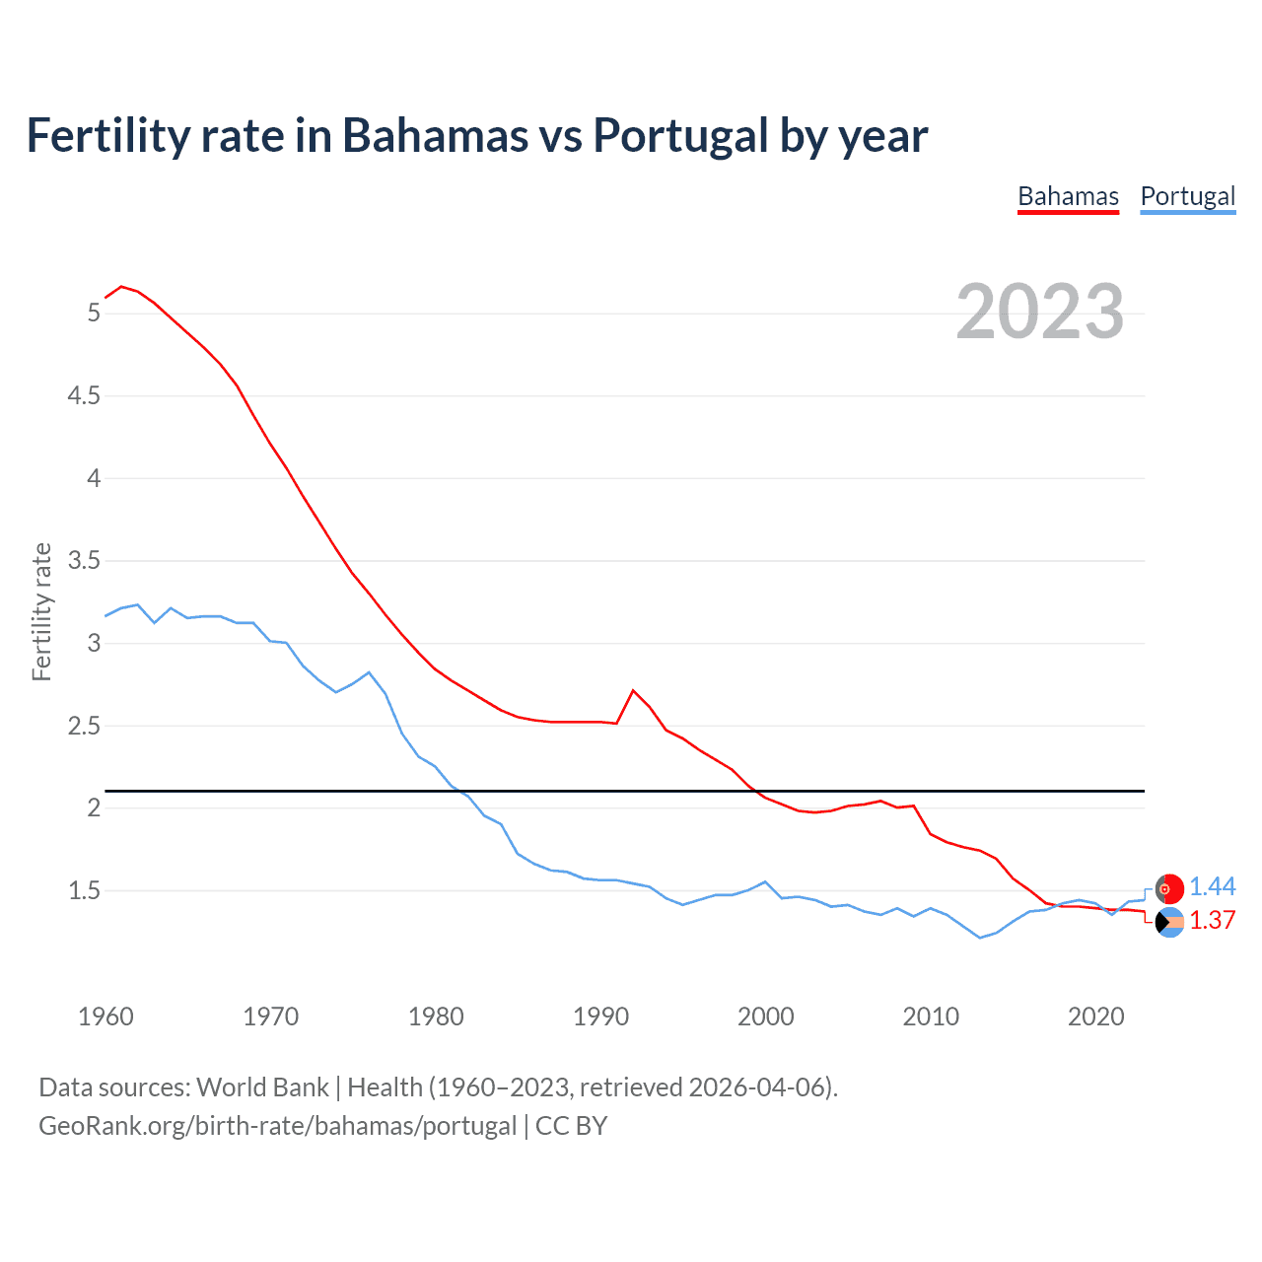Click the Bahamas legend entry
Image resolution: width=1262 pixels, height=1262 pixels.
click(x=1068, y=196)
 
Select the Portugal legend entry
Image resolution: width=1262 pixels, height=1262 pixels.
click(x=1187, y=196)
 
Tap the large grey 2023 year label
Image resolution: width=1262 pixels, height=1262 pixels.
click(x=1040, y=312)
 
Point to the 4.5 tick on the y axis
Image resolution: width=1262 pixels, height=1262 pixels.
click(x=84, y=396)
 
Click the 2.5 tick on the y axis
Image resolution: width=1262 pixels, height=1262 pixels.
click(x=84, y=727)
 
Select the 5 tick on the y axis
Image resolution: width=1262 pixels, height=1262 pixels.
click(x=94, y=314)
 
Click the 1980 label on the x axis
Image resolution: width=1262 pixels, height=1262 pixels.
click(x=436, y=1017)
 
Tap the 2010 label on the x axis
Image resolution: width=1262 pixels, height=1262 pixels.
click(x=931, y=1017)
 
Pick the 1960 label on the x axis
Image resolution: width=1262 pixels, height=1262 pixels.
click(x=105, y=1017)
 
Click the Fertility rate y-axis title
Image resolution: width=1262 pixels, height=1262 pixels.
click(x=41, y=611)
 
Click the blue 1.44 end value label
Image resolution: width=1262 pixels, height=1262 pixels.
click(x=1212, y=887)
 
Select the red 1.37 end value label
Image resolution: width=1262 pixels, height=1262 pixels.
click(x=1212, y=920)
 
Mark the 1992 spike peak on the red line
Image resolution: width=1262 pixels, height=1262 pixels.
click(x=633, y=690)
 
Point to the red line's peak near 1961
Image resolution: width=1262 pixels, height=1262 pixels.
click(x=121, y=286)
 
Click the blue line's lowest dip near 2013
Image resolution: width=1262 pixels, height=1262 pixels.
click(x=980, y=938)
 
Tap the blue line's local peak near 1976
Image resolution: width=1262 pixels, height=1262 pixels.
click(x=369, y=672)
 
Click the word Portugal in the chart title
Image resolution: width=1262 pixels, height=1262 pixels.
click(x=680, y=136)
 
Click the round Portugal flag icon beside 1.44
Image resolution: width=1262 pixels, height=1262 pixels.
click(x=1169, y=889)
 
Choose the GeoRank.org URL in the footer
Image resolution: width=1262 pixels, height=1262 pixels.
click(x=277, y=1126)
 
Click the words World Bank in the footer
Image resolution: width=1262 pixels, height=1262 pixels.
click(x=262, y=1087)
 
